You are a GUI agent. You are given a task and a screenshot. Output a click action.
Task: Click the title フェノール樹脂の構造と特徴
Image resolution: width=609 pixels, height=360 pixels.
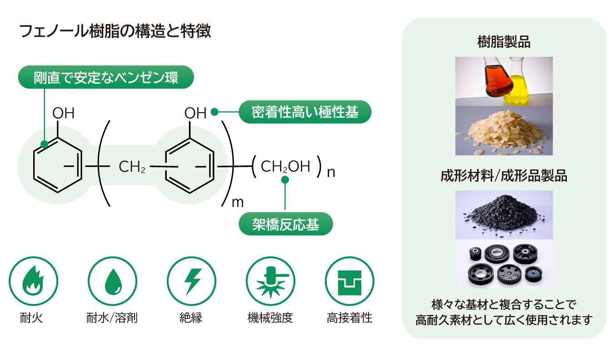click(x=115, y=32)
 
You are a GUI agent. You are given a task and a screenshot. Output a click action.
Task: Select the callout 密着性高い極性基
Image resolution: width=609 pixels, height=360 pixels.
click(x=305, y=112)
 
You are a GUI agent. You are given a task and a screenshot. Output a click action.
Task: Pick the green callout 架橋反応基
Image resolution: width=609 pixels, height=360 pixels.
click(x=286, y=225)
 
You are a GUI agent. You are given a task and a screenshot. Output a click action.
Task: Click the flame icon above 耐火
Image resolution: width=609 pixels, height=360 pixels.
click(x=34, y=281)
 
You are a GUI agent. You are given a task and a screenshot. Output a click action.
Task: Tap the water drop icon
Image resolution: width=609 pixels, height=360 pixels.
click(x=112, y=281)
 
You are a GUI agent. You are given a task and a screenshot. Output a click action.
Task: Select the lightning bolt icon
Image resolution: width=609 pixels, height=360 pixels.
click(x=191, y=281)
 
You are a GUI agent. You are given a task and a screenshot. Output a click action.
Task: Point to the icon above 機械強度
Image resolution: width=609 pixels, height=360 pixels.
click(x=270, y=281)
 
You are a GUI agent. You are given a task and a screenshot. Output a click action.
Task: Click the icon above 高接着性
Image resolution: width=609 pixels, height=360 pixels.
click(x=349, y=281)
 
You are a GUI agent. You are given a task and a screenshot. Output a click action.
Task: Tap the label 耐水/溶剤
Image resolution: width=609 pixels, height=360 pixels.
click(x=112, y=318)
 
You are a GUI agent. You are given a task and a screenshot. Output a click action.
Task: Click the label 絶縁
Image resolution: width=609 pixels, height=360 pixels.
click(x=191, y=318)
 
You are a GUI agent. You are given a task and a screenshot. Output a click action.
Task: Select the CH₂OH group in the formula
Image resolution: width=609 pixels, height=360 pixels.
click(x=285, y=166)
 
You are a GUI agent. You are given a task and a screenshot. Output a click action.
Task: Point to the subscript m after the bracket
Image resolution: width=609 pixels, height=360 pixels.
click(x=238, y=202)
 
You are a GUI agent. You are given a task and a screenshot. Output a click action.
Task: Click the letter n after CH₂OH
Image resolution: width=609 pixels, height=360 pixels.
click(x=331, y=173)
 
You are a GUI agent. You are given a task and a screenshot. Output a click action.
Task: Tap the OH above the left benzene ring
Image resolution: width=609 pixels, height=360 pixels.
click(x=63, y=113)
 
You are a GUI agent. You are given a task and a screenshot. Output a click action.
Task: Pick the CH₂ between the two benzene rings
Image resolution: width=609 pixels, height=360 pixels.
click(x=132, y=167)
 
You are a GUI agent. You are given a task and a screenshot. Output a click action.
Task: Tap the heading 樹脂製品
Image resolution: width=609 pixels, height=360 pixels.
click(x=504, y=43)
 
